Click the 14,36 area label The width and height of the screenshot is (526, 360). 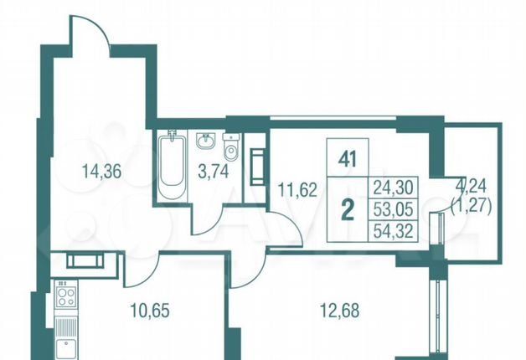(x=101, y=172)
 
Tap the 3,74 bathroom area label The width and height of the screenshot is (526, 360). (x=214, y=172)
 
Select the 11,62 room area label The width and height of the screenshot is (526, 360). (x=297, y=190)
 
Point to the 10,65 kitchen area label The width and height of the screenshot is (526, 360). (x=150, y=311)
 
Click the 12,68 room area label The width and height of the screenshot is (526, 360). (x=340, y=311)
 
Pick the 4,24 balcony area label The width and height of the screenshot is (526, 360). (x=473, y=188)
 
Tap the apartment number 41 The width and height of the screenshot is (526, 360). (x=348, y=160)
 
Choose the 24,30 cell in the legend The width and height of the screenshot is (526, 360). (x=393, y=187)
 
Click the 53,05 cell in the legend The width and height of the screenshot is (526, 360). (x=393, y=209)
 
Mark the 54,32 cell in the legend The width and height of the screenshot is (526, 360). (x=393, y=231)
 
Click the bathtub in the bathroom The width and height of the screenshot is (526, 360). (x=173, y=166)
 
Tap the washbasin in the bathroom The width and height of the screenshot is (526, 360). (x=205, y=141)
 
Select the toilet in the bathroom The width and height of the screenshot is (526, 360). (x=231, y=148)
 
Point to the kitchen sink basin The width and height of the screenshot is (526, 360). (x=65, y=348)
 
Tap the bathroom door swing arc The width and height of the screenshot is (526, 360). (x=214, y=221)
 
